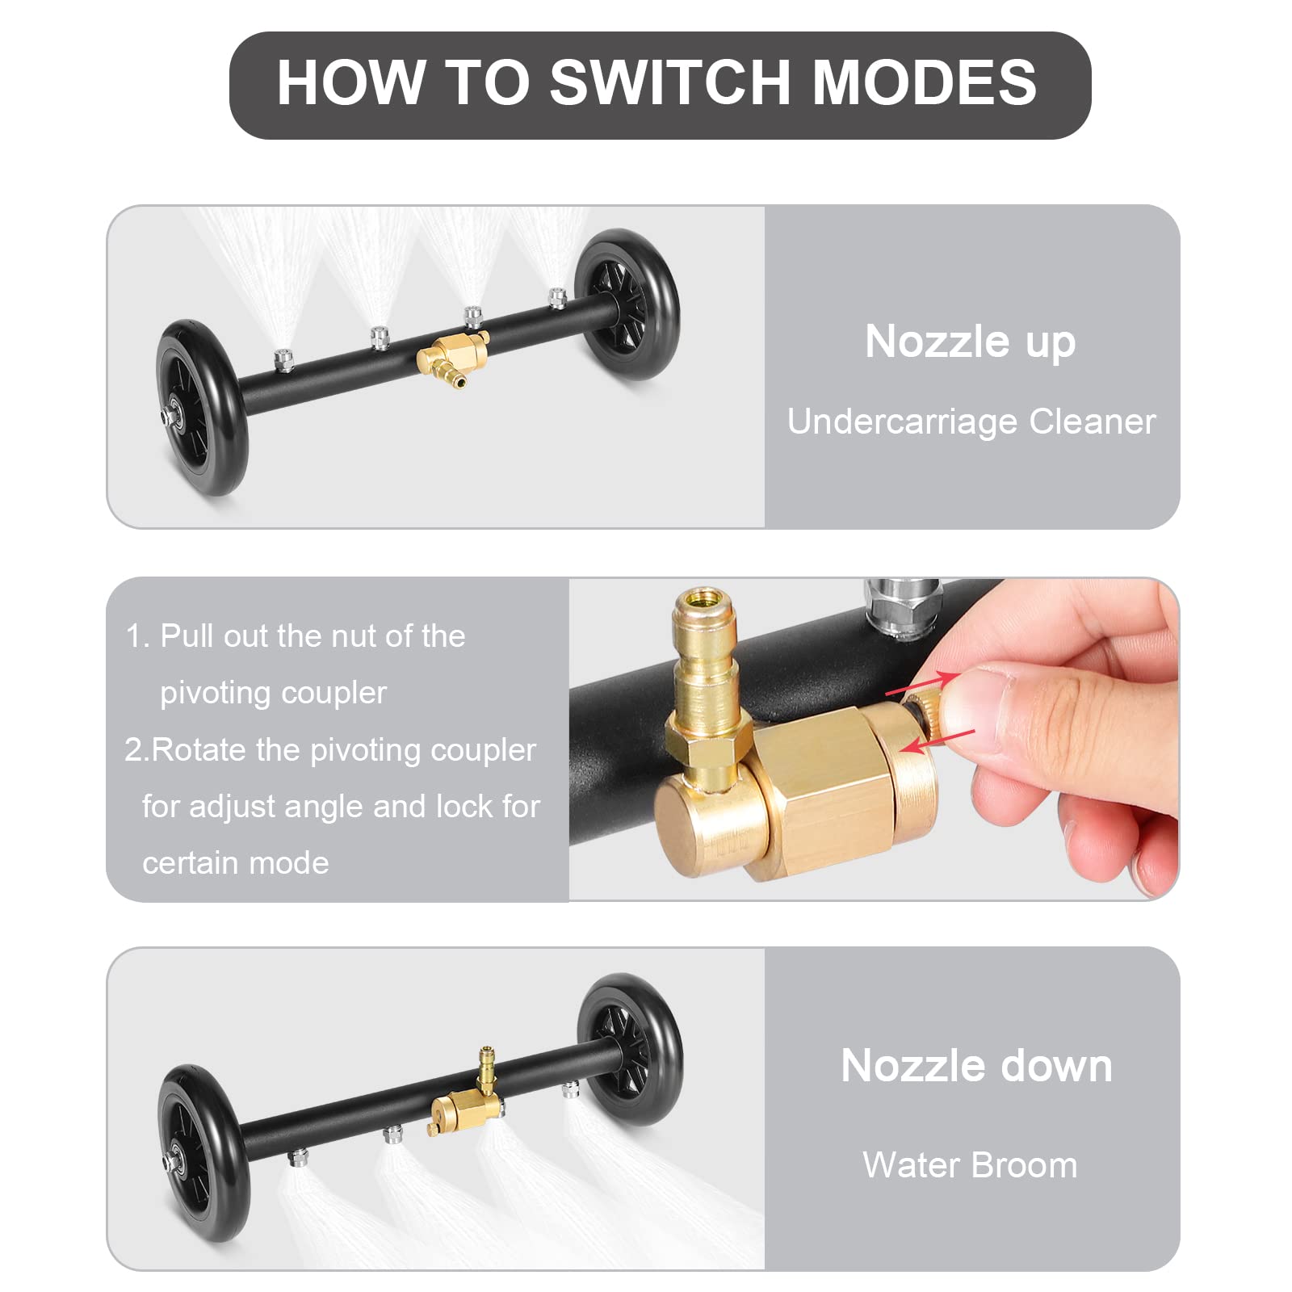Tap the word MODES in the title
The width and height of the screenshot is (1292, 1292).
point(924,82)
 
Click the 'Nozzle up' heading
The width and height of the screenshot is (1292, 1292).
point(970,341)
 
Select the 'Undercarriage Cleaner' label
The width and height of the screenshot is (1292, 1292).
point(971,422)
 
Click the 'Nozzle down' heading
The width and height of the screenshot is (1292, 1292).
point(976,1065)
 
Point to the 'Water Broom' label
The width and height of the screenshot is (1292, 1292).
point(970,1165)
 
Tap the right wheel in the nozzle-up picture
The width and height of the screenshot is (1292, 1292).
point(627,305)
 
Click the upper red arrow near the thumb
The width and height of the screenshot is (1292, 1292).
point(922,683)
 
